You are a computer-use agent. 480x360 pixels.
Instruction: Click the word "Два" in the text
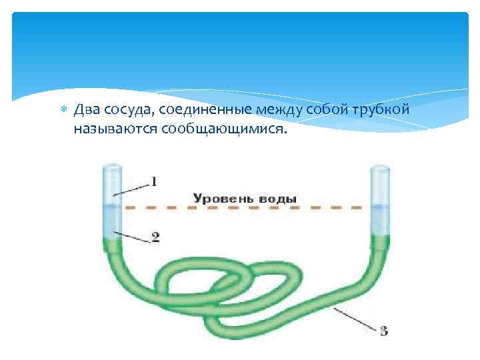[x=87, y=109]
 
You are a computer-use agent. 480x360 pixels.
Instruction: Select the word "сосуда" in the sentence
[x=127, y=109]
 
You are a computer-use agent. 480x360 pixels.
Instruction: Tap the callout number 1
[x=153, y=181]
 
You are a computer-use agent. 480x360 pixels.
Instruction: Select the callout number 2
[x=155, y=237]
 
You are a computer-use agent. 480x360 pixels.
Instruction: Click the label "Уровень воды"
[x=244, y=198]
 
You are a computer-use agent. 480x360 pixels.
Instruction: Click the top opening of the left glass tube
[x=112, y=165]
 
